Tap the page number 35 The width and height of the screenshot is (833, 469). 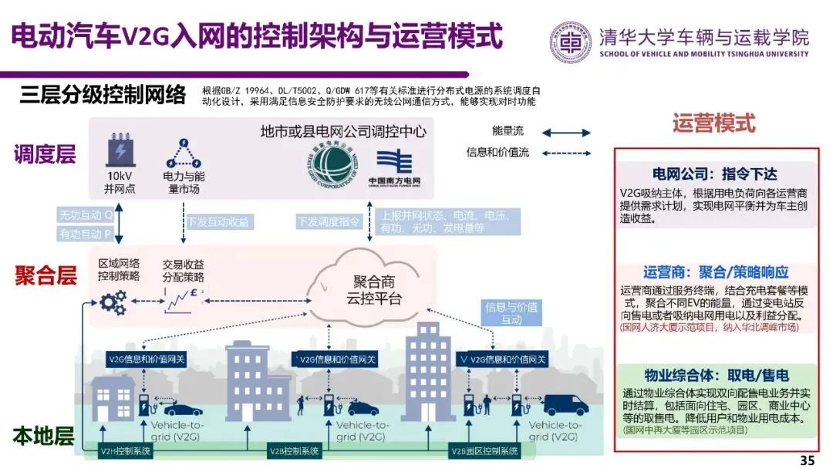click(x=807, y=461)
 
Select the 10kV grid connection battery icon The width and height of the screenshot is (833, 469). click(x=120, y=151)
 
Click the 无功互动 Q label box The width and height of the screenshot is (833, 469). click(x=85, y=214)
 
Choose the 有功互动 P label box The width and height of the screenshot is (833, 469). click(x=85, y=234)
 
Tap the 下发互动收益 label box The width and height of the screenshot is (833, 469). click(x=218, y=221)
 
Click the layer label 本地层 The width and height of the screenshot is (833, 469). click(x=43, y=437)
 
